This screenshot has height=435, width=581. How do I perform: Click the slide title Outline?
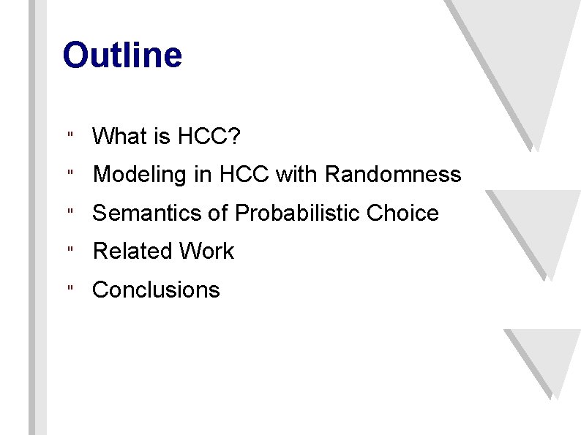(x=122, y=56)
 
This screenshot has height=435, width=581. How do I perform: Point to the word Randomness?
(x=393, y=175)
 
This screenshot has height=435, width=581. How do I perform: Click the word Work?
(x=206, y=251)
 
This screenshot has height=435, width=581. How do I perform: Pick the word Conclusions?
(x=156, y=290)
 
